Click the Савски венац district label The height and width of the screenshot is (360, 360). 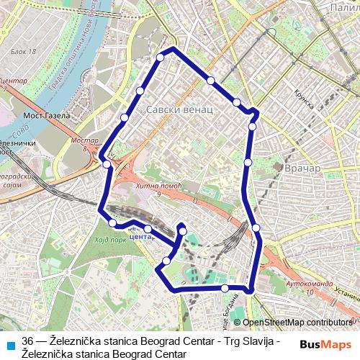pos(179,110)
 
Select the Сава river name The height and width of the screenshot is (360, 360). pos(19,131)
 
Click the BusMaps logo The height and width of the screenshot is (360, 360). pos(325,344)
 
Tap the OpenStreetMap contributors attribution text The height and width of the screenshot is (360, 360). pos(297,323)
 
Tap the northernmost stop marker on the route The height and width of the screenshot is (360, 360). pos(160,57)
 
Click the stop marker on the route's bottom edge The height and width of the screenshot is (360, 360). pos(225,288)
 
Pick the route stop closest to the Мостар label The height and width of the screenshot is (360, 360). pos(107,164)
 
